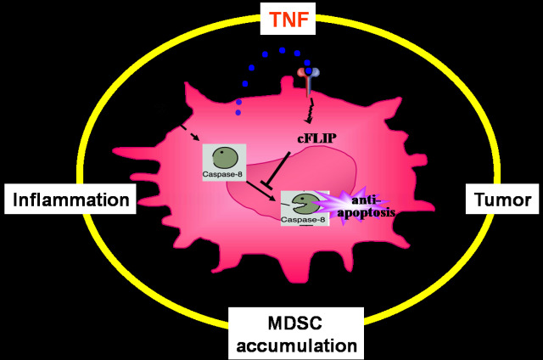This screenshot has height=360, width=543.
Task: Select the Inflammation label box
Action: point(70,200)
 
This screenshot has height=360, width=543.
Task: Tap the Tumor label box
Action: point(502,200)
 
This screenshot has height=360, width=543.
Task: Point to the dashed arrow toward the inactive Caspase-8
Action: point(189,133)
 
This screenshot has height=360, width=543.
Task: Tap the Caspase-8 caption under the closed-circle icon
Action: point(224,177)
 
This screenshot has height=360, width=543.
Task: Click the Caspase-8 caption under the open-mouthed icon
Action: point(303,221)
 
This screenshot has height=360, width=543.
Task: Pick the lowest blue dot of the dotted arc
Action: point(238,112)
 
